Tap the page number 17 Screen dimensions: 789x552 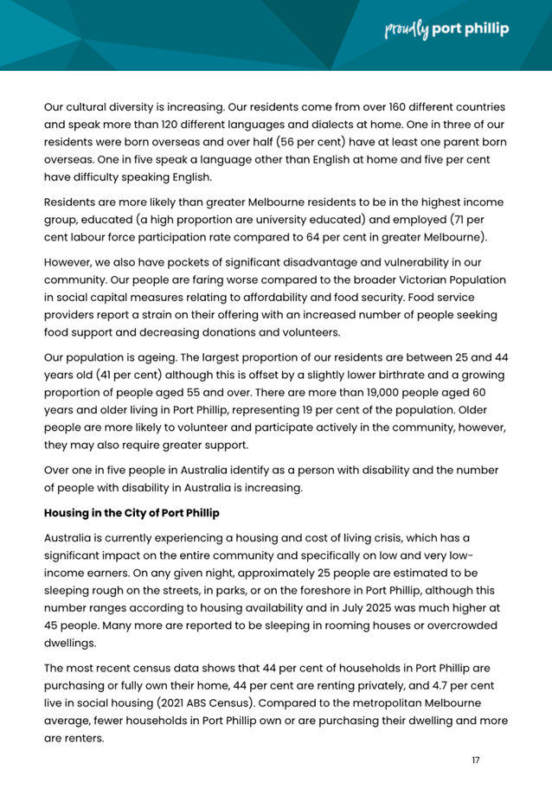pos(475,760)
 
